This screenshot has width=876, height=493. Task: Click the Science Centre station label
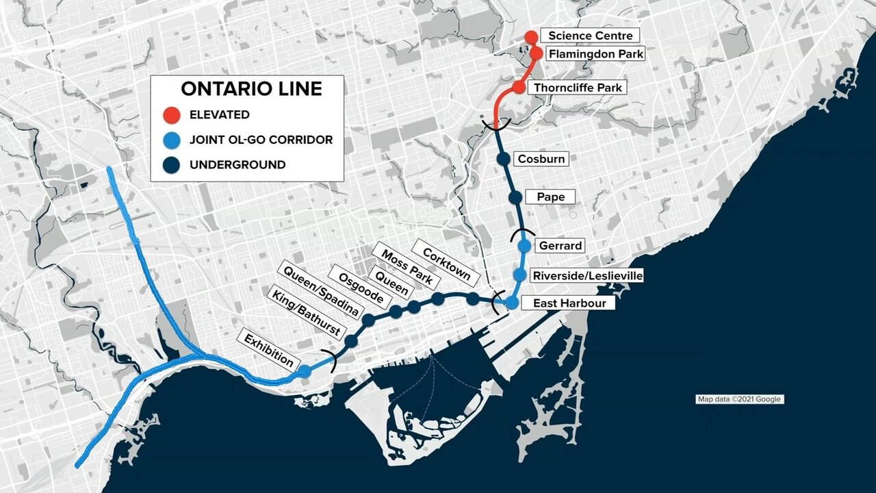591,36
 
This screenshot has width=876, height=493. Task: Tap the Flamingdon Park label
597,53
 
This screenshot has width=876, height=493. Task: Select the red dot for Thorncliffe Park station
519,88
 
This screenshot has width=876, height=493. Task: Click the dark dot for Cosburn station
504,159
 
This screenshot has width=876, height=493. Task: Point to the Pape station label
551,197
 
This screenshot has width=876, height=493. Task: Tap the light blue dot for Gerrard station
525,245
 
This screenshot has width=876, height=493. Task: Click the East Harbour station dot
511,303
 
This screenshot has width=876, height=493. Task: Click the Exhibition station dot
305,370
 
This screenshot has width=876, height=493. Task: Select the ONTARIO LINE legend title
251,89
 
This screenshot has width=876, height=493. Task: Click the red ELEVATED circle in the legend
172,114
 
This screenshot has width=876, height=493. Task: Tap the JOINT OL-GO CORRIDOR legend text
261,140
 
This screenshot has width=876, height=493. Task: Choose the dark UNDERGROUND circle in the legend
172,164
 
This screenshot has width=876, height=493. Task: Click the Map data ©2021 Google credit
739,399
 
